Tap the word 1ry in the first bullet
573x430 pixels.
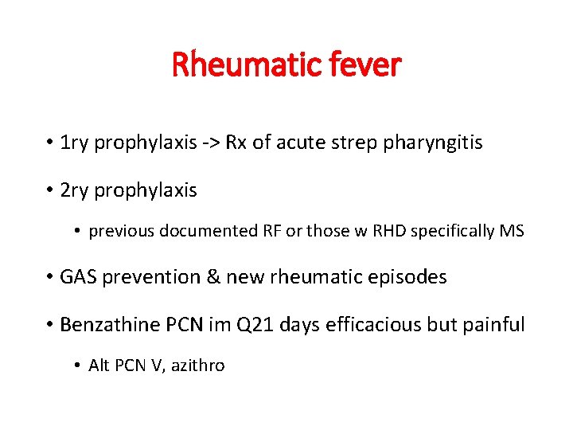75,144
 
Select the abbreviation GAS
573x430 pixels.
77,277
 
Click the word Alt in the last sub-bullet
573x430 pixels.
99,365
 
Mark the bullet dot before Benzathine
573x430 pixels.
49,325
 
